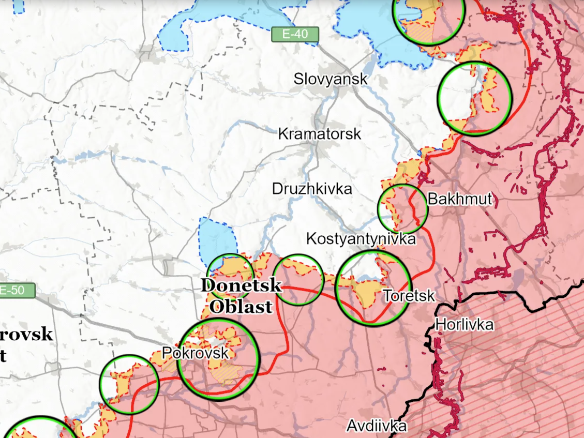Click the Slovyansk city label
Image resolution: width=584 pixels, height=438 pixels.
(331, 79)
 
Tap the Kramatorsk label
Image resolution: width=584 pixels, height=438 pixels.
(319, 134)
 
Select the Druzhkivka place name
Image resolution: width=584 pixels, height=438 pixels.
(312, 189)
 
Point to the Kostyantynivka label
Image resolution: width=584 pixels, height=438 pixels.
(361, 239)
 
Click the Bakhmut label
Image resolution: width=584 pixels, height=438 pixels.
(459, 199)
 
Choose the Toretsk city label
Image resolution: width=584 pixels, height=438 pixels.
(409, 295)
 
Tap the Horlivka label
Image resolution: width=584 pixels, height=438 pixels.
(465, 325)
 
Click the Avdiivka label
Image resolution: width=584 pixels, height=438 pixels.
(376, 426)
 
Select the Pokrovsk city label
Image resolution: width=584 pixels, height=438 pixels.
(195, 353)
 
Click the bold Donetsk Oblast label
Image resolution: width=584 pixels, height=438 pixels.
(242, 295)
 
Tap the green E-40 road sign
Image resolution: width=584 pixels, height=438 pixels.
(295, 35)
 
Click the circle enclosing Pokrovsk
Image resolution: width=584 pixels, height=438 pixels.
(218, 359)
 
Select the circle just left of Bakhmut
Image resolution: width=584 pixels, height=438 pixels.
(402, 208)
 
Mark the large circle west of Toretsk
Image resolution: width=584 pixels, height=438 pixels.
(372, 288)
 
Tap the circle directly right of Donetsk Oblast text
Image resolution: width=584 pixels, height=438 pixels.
(298, 280)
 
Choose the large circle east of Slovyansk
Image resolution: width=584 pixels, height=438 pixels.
(474, 98)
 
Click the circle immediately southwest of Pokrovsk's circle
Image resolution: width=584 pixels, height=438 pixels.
(129, 384)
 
